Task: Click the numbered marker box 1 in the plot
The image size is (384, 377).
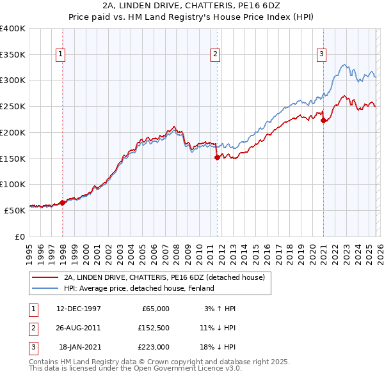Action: [x=61, y=55]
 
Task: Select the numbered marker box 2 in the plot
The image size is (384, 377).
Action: [x=216, y=55]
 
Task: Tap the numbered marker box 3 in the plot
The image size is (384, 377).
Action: [x=321, y=55]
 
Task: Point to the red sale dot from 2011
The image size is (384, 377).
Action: [x=218, y=157]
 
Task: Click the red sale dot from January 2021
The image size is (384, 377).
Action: [x=323, y=120]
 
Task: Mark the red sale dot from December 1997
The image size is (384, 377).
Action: [x=63, y=203]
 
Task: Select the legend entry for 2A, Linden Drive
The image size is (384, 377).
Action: [x=159, y=277]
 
